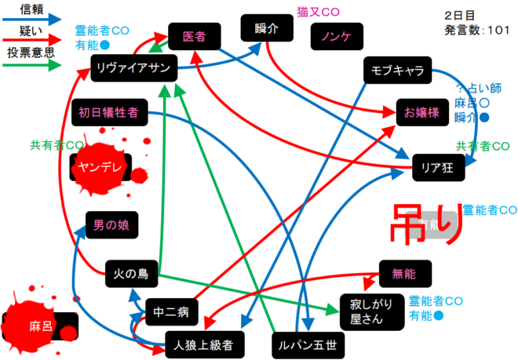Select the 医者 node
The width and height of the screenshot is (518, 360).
tap(193, 37)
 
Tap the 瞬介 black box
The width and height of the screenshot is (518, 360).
tap(266, 28)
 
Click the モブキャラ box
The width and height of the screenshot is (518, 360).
tap(397, 71)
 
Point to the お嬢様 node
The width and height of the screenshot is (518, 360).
tap(422, 111)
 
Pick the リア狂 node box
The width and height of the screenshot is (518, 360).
tap(439, 165)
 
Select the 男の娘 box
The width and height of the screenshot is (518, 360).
tap(111, 225)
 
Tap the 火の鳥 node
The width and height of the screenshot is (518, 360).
tap(132, 275)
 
